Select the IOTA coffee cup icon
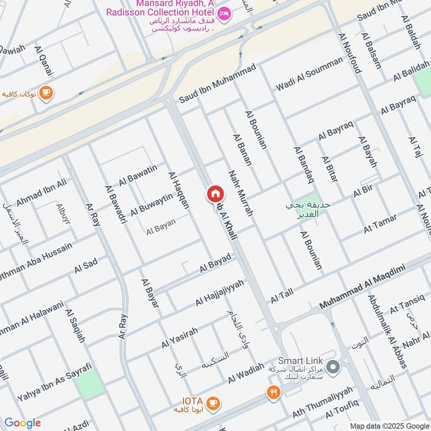pos(214,402)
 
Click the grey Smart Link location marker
pos(333,368)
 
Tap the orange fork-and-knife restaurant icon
pos(274,392)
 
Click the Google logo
pos(23,423)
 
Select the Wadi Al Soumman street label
pos(309,73)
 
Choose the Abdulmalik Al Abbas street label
pos(387,331)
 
